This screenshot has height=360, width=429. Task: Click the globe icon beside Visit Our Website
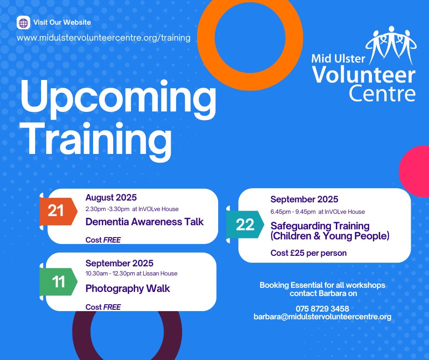(23, 23)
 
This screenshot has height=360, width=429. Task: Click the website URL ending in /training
(104, 37)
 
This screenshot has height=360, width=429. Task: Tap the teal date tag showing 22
(245, 225)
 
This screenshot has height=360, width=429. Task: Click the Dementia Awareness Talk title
(145, 222)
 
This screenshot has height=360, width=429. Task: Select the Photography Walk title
(128, 288)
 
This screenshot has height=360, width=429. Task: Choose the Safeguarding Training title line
(320, 226)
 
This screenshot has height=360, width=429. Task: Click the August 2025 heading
(111, 198)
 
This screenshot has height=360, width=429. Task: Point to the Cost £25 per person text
(309, 253)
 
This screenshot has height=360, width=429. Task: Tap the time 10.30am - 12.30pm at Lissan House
(131, 273)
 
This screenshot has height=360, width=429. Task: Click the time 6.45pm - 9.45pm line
(318, 212)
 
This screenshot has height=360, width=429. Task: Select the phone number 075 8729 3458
(322, 308)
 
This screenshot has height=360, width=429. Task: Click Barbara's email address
(322, 316)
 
